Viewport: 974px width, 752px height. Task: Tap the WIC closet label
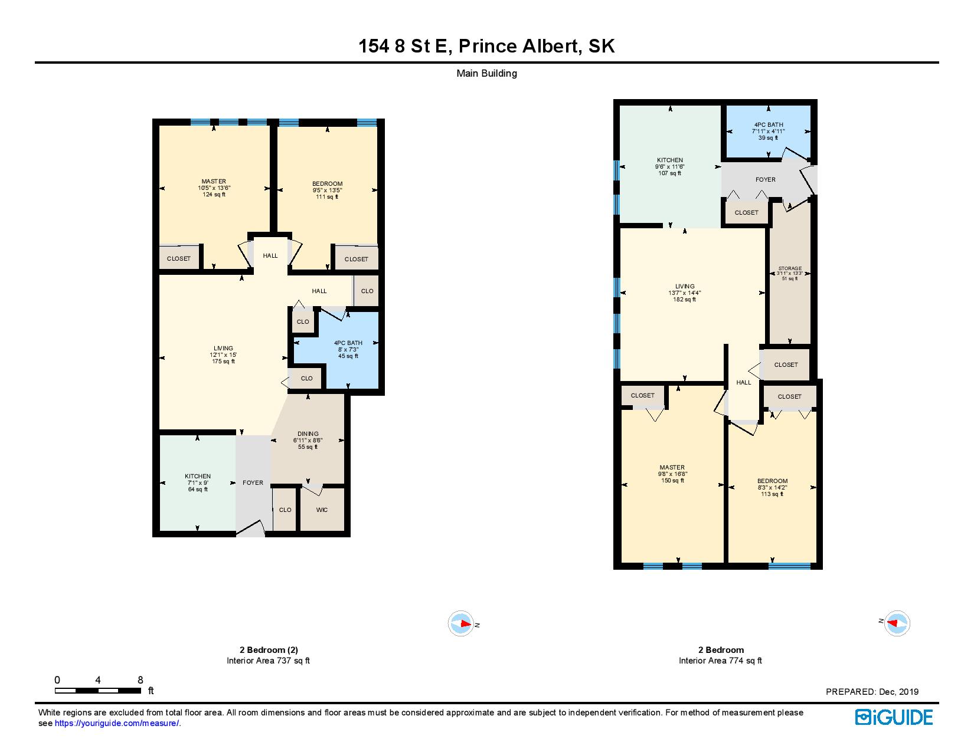point(322,510)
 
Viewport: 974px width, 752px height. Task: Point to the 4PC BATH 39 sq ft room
point(768,131)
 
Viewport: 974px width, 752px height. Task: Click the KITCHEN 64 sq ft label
point(197,482)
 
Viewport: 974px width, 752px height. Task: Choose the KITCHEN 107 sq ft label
point(670,166)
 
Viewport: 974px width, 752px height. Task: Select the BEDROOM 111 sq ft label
point(327,190)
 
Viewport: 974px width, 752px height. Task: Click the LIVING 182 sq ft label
point(685,293)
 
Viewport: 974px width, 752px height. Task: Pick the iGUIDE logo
point(894,717)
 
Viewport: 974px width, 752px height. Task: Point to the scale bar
point(98,690)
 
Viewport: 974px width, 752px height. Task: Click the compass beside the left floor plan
point(460,624)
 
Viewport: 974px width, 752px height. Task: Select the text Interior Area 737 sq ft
point(268,661)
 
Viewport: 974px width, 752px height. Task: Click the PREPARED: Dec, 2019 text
point(872,692)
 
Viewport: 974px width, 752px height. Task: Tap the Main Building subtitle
point(486,74)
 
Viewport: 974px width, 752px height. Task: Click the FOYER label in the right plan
point(766,179)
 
